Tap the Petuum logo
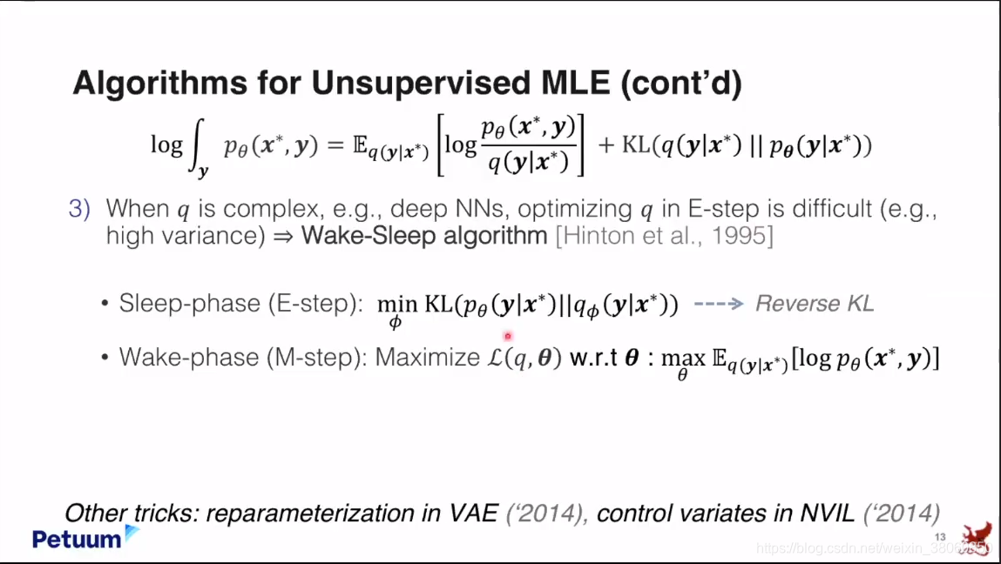(x=85, y=537)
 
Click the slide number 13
(x=940, y=536)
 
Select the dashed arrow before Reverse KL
(x=719, y=304)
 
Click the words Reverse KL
(x=815, y=304)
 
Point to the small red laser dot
(x=508, y=336)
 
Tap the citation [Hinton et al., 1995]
(x=665, y=236)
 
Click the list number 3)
(x=79, y=209)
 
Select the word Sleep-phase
(x=190, y=304)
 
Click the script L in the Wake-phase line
(x=495, y=357)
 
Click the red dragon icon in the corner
(x=978, y=540)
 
